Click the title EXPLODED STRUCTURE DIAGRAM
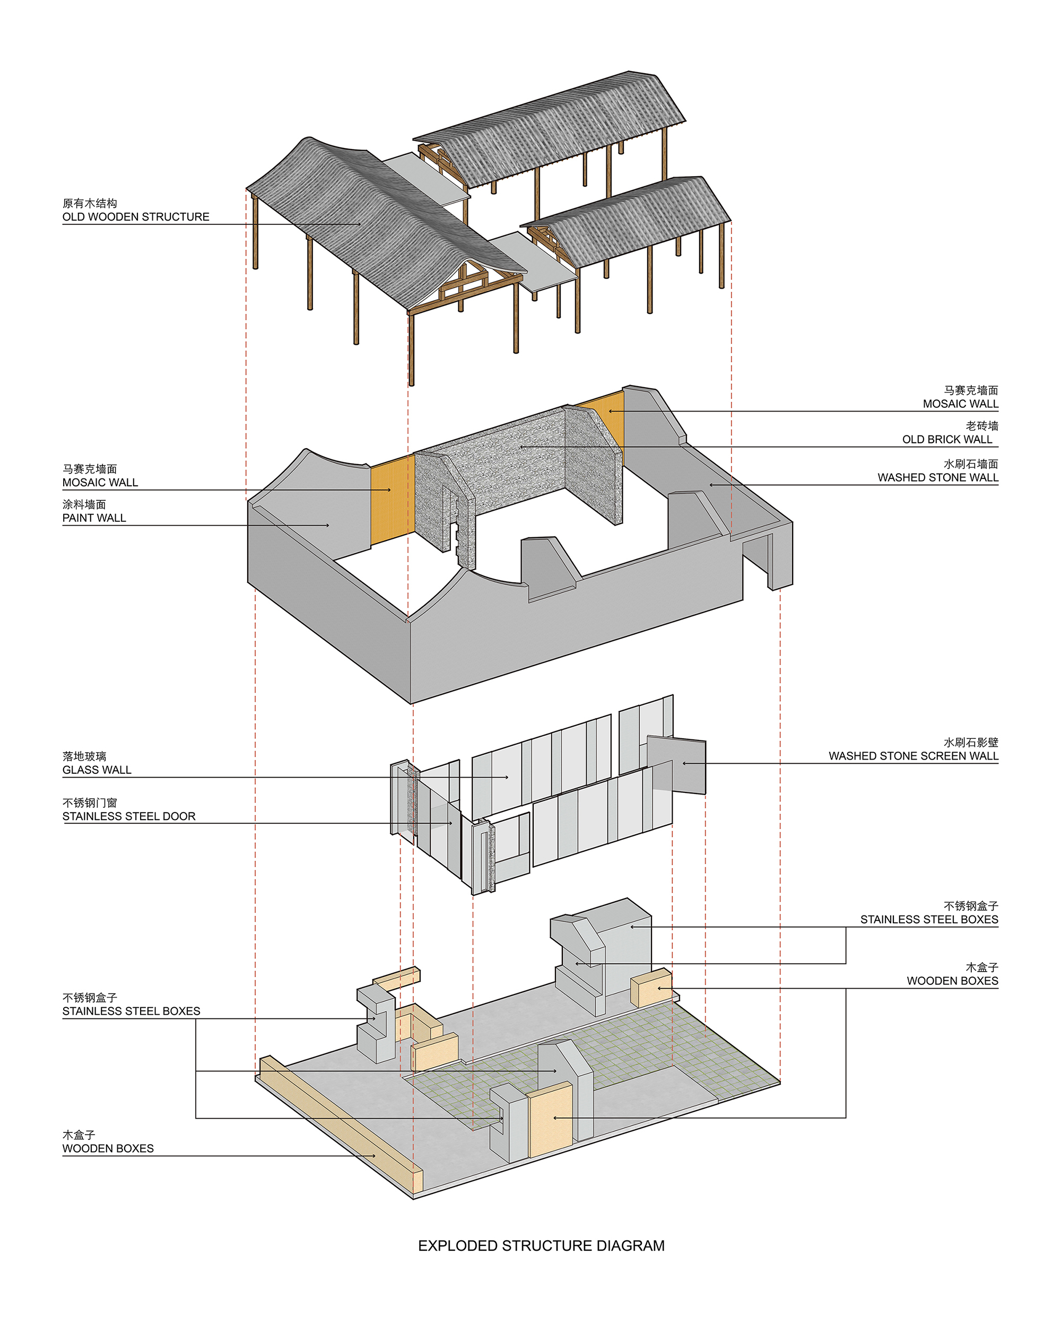click(x=541, y=1246)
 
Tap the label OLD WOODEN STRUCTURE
click(x=136, y=217)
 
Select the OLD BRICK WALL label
click(x=947, y=440)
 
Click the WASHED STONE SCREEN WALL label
click(x=914, y=756)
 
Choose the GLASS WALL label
click(x=97, y=770)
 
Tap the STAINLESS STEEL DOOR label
click(x=129, y=817)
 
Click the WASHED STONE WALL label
click(x=938, y=478)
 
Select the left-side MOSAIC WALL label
click(x=100, y=483)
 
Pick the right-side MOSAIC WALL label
click(x=961, y=404)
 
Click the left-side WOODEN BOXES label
click(x=108, y=1149)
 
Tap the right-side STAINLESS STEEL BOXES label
click(x=929, y=920)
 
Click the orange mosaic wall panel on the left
click(x=392, y=500)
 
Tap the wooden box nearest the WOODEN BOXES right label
click(x=651, y=988)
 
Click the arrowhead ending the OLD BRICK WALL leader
click(x=521, y=447)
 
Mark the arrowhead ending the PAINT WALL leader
click(x=327, y=525)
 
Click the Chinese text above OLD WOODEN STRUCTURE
click(x=90, y=204)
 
